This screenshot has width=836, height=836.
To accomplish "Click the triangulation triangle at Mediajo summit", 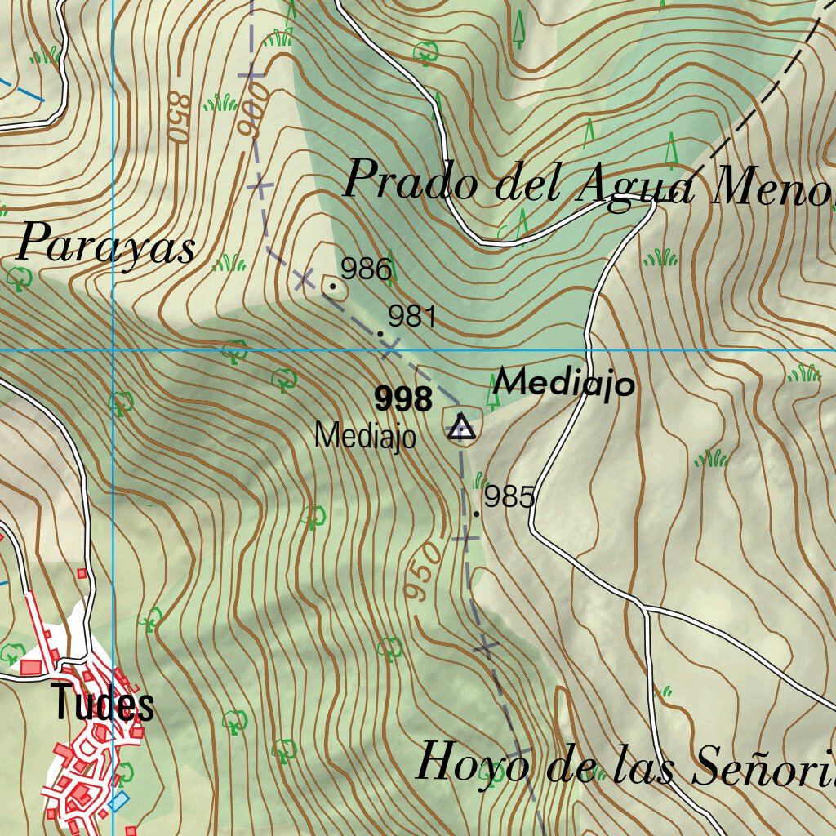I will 461,426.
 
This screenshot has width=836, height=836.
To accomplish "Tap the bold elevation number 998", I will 403,400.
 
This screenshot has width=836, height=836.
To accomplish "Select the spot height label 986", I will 366,269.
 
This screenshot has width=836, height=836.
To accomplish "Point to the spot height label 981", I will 412,316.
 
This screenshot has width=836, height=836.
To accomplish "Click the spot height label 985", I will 509,496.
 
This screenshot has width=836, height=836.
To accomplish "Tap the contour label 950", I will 425,571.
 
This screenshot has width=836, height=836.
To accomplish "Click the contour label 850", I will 177,116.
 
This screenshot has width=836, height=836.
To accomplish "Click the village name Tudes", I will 102,704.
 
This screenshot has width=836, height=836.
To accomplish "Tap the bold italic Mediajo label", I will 564,382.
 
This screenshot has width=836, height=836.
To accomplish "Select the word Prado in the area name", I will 411,181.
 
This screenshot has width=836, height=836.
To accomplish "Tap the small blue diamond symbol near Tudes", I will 118,800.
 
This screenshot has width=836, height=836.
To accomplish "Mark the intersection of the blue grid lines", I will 113,350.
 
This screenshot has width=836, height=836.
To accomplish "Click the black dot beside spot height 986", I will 332,287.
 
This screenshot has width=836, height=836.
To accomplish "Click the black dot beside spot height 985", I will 477,514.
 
